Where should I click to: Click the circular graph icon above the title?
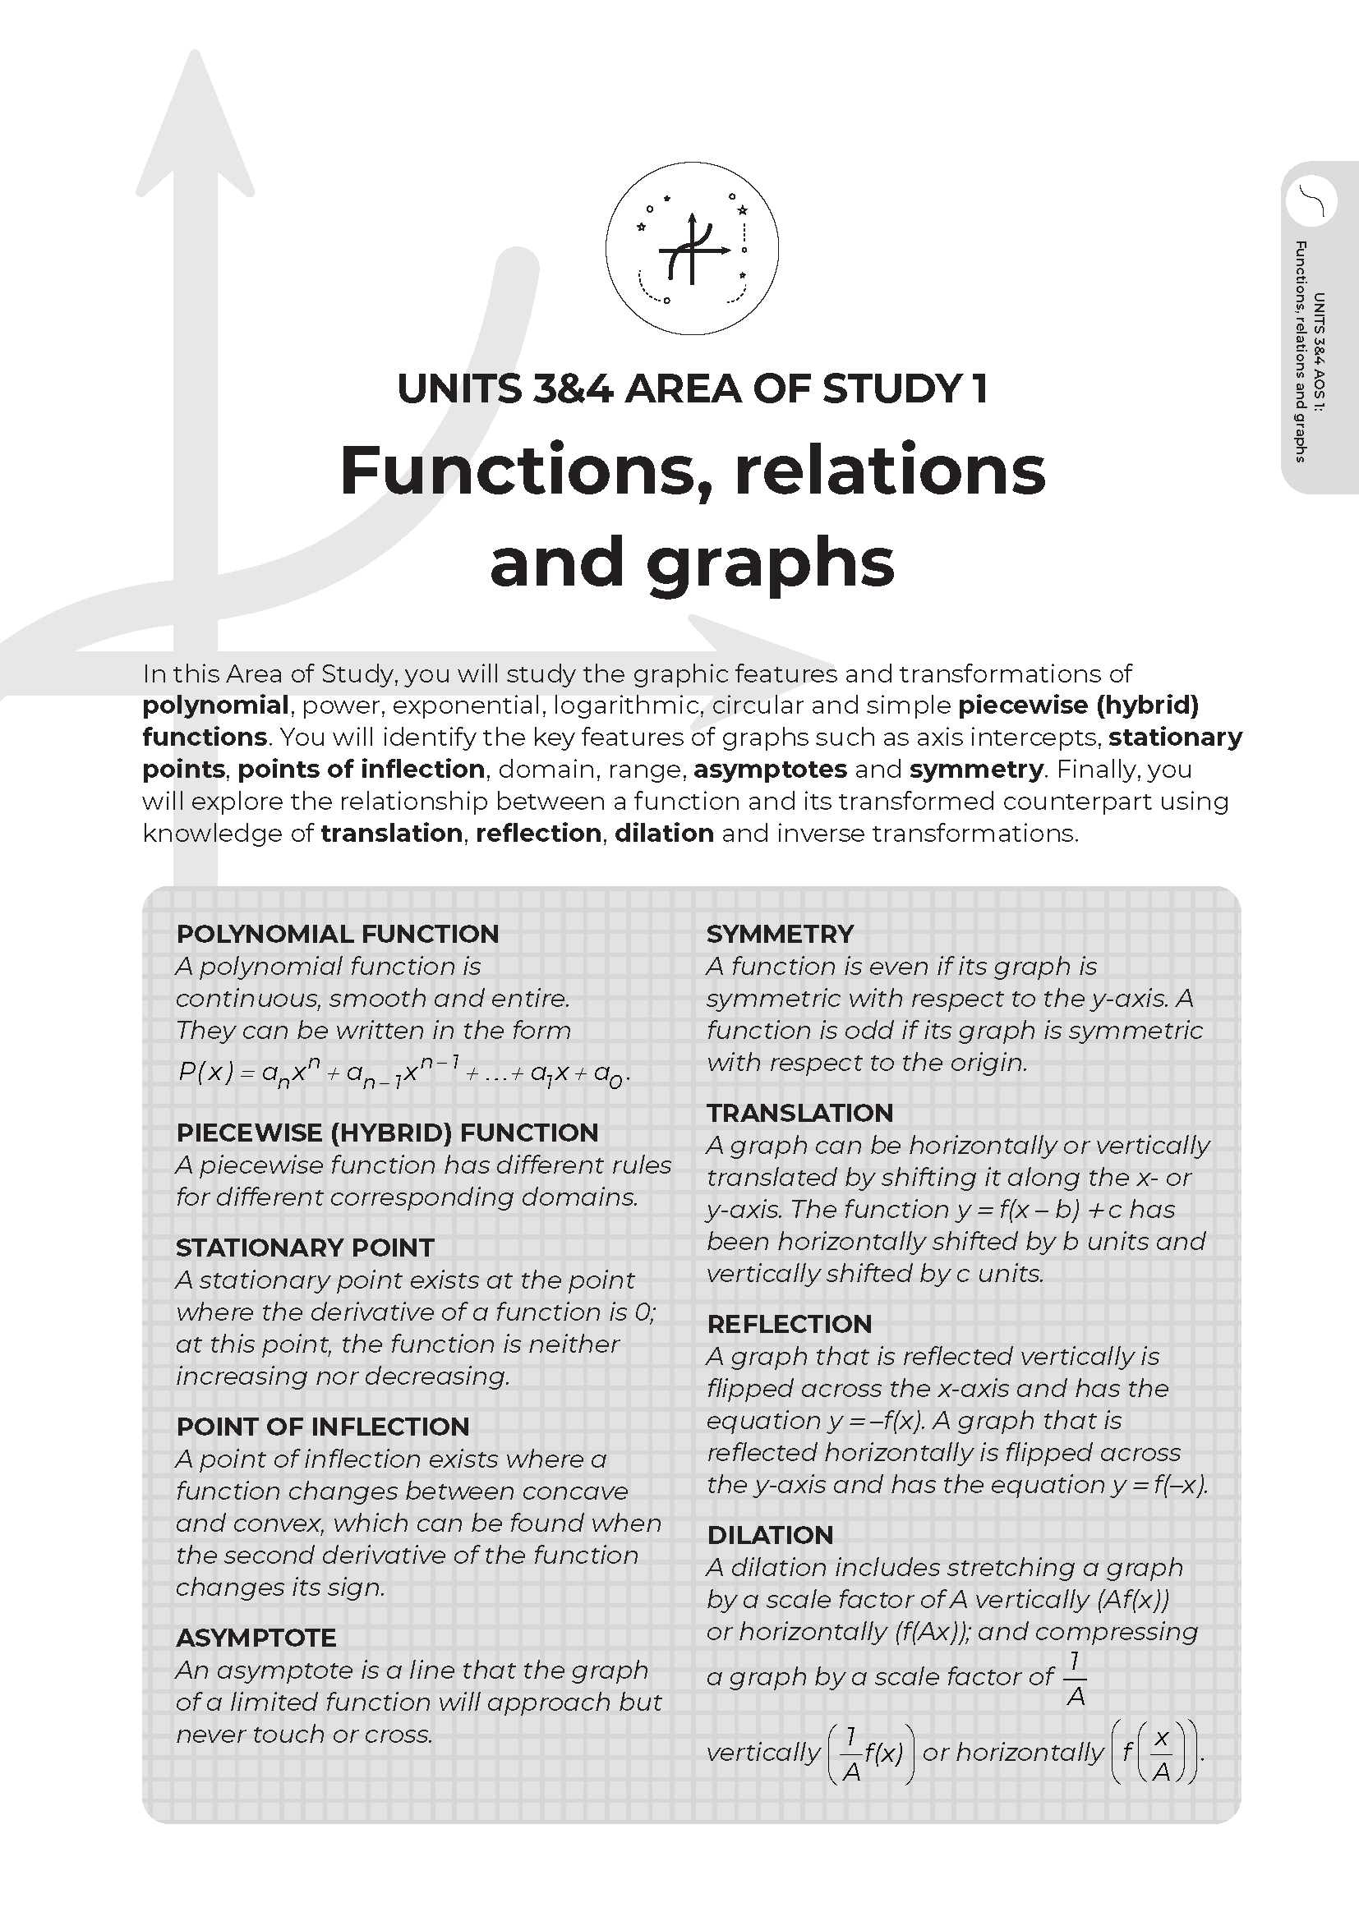point(692,250)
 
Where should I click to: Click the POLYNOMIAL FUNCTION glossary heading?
point(337,934)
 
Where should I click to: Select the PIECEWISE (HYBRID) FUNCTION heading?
point(387,1132)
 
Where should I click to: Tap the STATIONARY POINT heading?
point(305,1248)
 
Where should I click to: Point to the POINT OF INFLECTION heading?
point(322,1427)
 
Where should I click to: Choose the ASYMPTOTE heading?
point(256,1638)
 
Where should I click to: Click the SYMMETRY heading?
point(780,934)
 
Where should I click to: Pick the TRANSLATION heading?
point(800,1113)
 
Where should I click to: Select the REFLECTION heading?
point(789,1324)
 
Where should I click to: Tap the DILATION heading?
point(770,1535)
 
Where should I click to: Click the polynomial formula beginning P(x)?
point(403,1072)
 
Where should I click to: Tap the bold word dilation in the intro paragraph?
point(664,834)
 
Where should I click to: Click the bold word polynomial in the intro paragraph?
point(215,705)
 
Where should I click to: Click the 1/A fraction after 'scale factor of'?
point(1076,1678)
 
